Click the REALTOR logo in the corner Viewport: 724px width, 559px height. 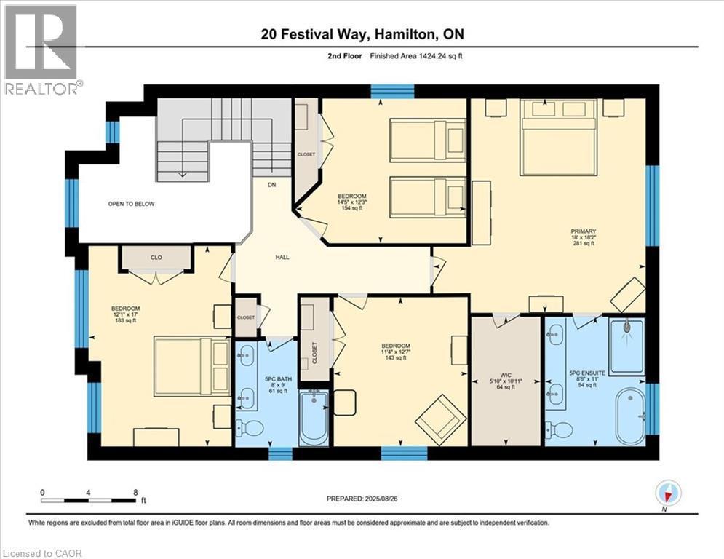click(41, 49)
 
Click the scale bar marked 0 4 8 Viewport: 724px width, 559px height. click(89, 500)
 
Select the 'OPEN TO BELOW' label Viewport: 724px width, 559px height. click(131, 204)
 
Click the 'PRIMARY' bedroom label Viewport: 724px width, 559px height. click(583, 234)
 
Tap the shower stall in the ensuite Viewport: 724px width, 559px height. click(626, 345)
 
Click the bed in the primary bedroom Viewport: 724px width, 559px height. click(558, 138)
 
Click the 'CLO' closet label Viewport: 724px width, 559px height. click(156, 256)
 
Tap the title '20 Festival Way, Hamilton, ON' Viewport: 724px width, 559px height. click(362, 33)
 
